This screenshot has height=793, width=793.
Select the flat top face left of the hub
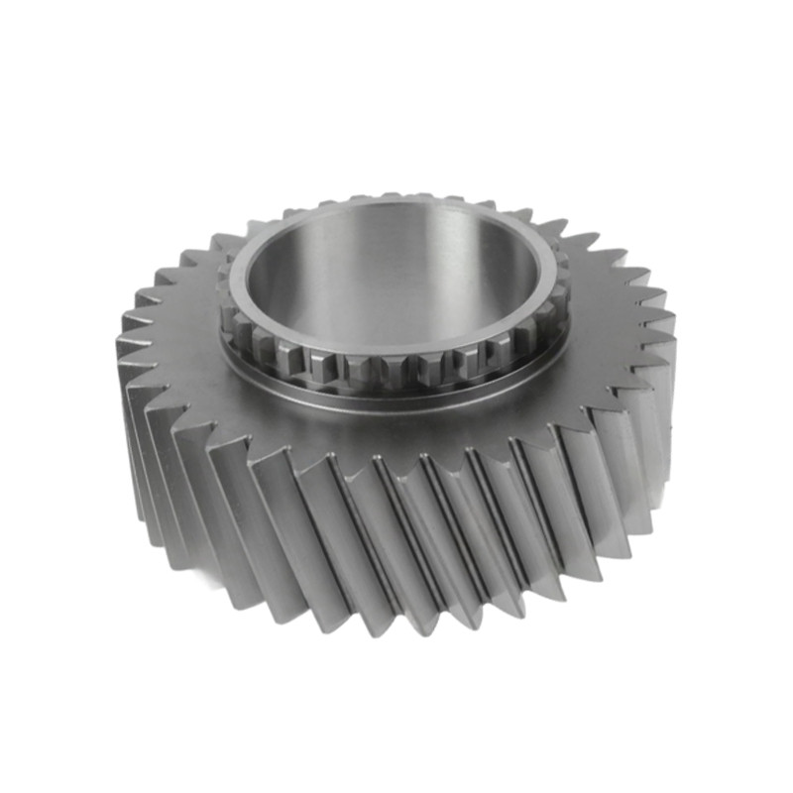pos(178,337)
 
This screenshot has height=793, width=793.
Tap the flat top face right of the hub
pos(615,317)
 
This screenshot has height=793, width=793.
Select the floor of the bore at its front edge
pos(396,337)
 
